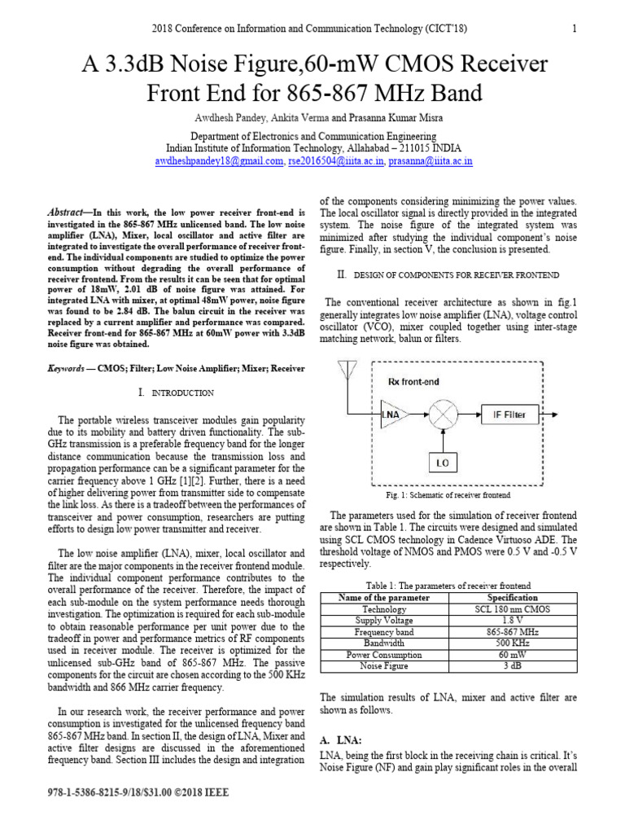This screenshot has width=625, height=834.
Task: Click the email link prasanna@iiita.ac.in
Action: pyautogui.click(x=431, y=162)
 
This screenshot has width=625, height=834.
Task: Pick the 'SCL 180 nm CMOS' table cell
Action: pyautogui.click(x=512, y=609)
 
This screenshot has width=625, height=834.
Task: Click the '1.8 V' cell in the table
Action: pyautogui.click(x=512, y=621)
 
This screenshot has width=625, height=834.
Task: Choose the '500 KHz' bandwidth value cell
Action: pyautogui.click(x=512, y=643)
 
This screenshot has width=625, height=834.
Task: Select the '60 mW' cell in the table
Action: pyautogui.click(x=512, y=655)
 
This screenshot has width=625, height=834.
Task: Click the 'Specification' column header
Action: pyautogui.click(x=512, y=598)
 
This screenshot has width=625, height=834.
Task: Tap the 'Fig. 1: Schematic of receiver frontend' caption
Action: pyautogui.click(x=448, y=495)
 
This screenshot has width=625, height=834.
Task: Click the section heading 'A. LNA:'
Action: pyautogui.click(x=338, y=739)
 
